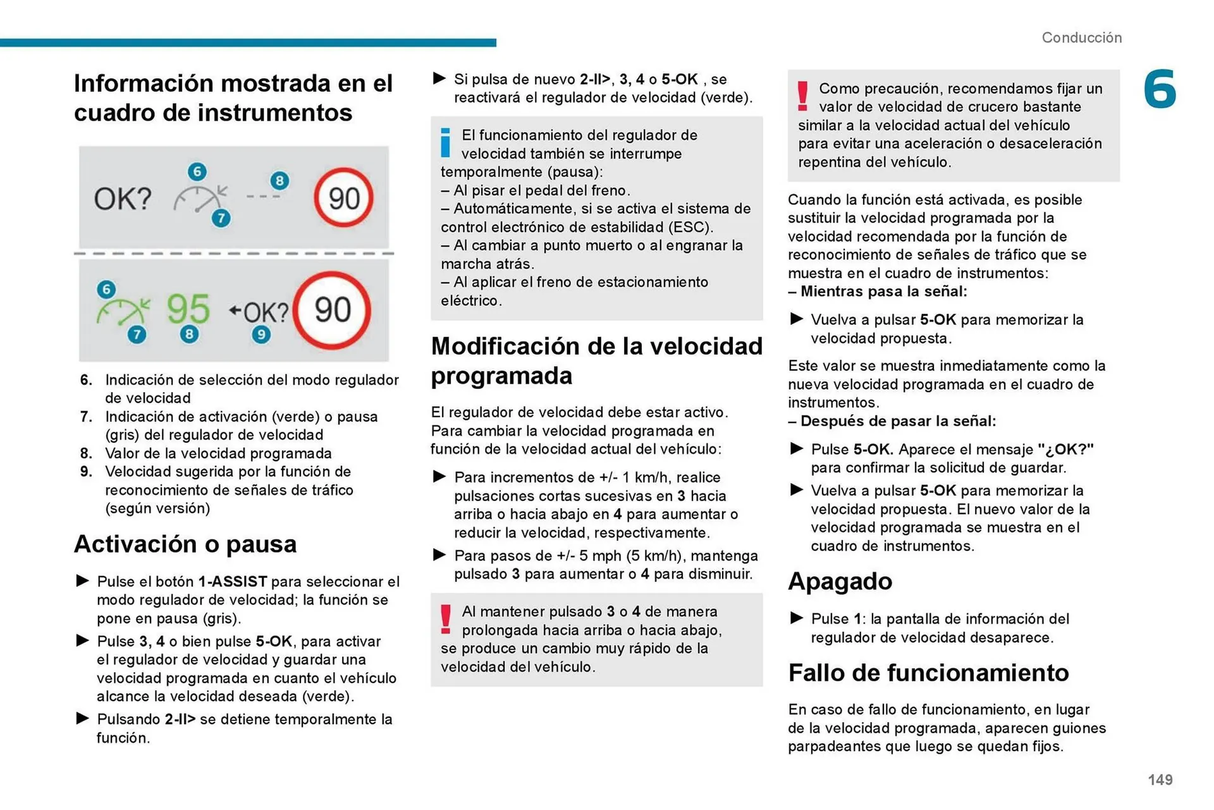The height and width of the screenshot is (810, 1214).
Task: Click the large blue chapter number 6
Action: (x=1160, y=90)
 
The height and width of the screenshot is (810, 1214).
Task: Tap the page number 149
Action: (x=1160, y=780)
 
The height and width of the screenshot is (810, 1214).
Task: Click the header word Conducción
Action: (x=1081, y=37)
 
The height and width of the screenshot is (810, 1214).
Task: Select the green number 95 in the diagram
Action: (x=188, y=309)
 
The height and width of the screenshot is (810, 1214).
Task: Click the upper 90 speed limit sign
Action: (x=343, y=198)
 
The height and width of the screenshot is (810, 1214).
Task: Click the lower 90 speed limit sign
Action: (x=333, y=310)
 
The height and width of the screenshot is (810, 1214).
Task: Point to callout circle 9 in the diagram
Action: (x=261, y=334)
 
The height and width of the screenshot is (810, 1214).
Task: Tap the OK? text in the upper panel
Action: (x=123, y=199)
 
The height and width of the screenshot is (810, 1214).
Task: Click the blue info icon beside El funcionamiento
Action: (x=445, y=142)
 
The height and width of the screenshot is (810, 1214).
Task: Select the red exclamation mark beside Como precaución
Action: (x=802, y=96)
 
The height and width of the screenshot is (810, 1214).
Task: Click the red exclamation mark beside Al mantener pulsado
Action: (x=446, y=619)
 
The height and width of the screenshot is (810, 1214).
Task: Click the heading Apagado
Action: (x=840, y=581)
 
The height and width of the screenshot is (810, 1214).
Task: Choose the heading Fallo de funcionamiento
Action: (x=928, y=673)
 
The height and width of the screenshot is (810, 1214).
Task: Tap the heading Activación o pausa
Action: (x=185, y=544)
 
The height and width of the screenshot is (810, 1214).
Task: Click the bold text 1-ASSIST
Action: (x=233, y=581)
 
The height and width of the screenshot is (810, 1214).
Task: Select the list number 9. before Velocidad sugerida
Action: (x=87, y=472)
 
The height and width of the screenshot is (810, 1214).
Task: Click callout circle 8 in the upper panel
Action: (x=279, y=181)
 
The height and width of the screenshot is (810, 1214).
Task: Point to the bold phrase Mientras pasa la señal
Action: (x=883, y=291)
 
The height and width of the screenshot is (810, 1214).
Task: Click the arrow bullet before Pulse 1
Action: (x=797, y=618)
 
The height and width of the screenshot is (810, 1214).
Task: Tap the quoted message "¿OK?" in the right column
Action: (x=1065, y=450)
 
